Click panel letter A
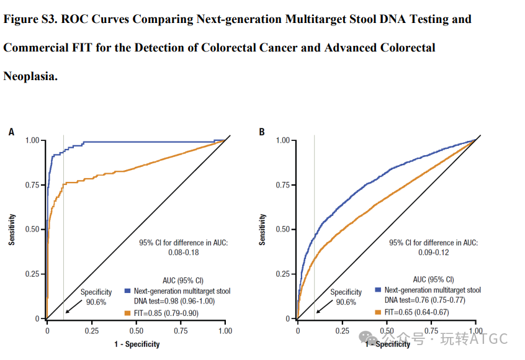(11, 132)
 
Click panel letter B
(262, 132)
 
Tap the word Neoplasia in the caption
(30, 76)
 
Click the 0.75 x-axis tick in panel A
(181, 331)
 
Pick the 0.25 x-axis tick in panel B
(342, 331)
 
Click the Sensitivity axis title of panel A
(12, 230)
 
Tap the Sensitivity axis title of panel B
(262, 230)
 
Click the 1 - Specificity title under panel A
(136, 344)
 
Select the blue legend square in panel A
(127, 290)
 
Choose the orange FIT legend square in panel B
(378, 312)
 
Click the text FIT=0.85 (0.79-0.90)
(166, 313)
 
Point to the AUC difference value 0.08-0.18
(184, 253)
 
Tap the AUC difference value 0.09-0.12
(434, 253)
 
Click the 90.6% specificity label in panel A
(96, 302)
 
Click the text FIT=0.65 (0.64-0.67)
(416, 312)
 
